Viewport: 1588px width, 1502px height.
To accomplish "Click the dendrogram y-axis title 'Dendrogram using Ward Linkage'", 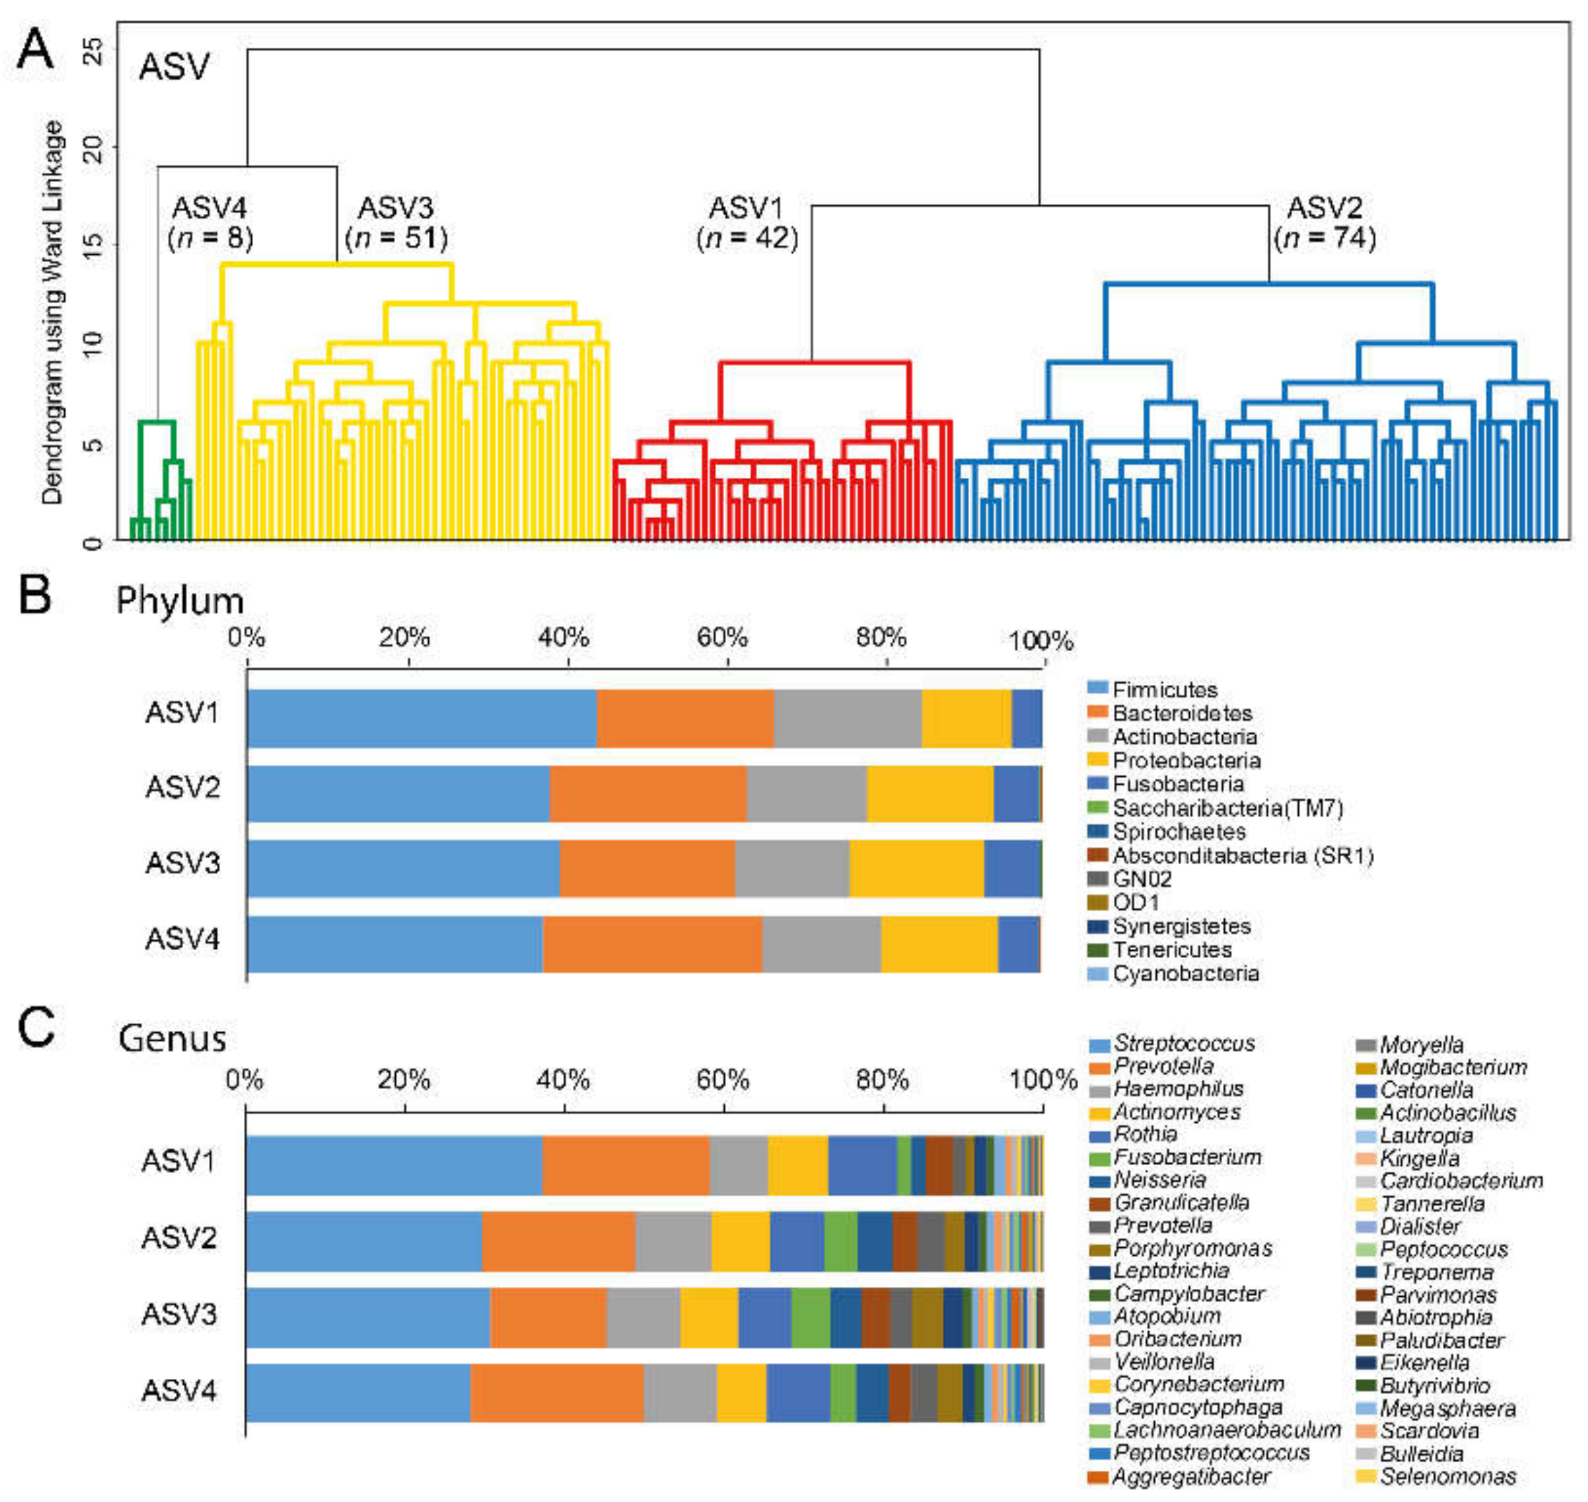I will point(53,312).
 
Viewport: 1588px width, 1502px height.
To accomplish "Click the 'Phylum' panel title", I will point(180,600).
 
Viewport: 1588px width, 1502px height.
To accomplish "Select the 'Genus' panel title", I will point(172,1038).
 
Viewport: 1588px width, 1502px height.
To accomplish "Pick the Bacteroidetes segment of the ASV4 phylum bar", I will point(652,944).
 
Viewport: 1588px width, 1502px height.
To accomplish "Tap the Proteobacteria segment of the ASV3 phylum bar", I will point(916,869).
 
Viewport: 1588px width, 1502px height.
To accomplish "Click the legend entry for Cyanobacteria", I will point(1185,973).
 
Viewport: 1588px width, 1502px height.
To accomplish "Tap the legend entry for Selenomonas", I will point(1447,1476).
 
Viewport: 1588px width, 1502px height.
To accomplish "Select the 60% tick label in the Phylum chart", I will point(722,638).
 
